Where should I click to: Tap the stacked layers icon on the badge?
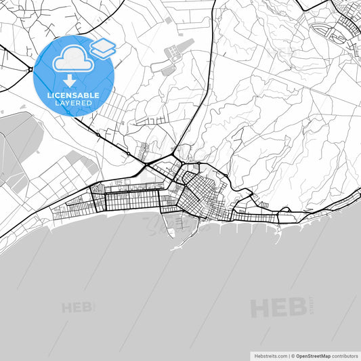click(104, 47)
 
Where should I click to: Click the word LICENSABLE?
click(73, 95)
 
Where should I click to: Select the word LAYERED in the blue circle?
click(73, 103)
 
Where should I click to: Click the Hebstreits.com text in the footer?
click(270, 356)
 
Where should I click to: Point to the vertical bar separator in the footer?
click(288, 356)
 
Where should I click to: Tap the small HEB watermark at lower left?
click(76, 307)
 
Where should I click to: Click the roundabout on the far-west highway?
click(30, 69)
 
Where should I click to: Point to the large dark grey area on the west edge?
click(17, 149)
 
